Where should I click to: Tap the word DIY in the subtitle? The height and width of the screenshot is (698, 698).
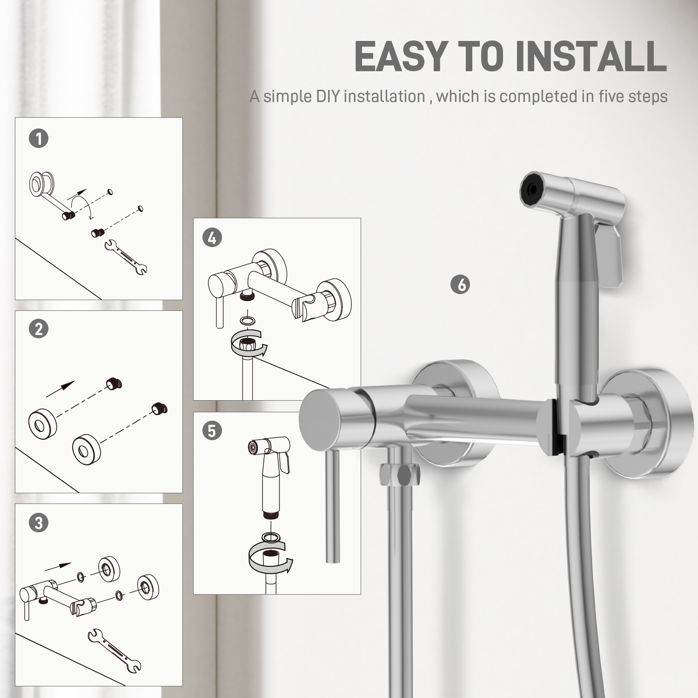point(328,96)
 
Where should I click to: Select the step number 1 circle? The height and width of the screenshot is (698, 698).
point(39,138)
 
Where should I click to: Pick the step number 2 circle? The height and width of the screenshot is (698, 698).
point(39,329)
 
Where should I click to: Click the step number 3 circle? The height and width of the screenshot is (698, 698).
point(39,523)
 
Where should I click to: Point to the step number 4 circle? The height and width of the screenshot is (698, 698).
point(212,238)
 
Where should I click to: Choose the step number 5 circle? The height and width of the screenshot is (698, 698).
point(212,431)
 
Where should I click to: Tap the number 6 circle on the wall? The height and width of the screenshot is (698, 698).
point(461,284)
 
